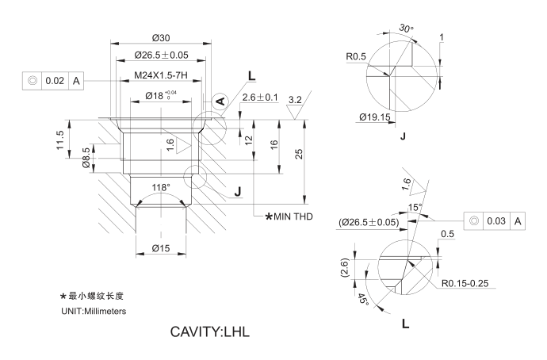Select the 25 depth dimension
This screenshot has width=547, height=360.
coord(299,153)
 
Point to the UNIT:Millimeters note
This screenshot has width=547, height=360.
coord(94,310)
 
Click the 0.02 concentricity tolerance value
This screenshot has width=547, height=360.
coord(55,81)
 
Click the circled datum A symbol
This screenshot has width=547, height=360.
coord(220,101)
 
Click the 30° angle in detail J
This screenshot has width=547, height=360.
coord(406,29)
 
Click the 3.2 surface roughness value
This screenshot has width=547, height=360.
coord(295,99)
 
